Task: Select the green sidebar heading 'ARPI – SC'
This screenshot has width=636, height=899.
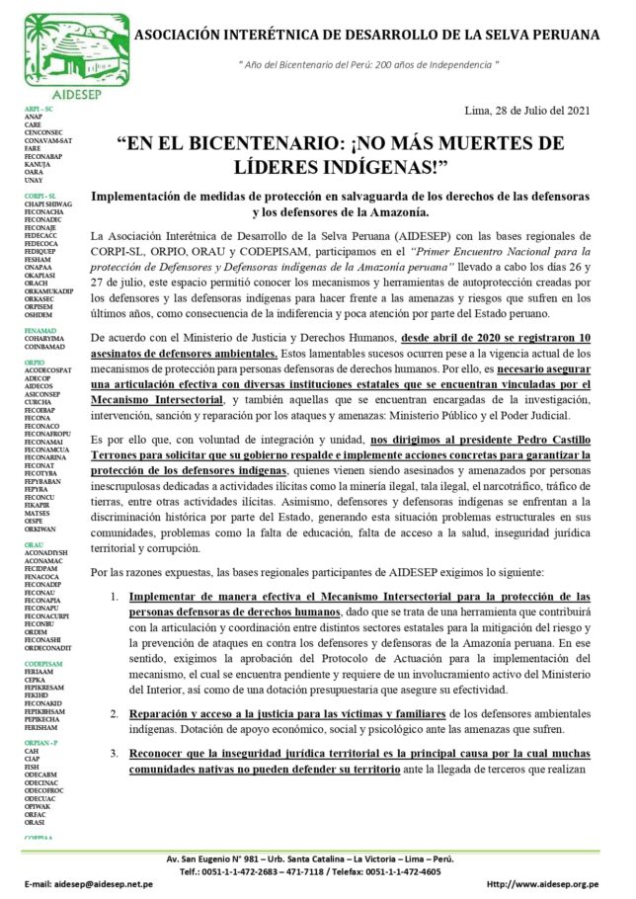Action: pyautogui.click(x=39, y=108)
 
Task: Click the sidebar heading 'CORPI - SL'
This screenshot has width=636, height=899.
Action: pyautogui.click(x=40, y=196)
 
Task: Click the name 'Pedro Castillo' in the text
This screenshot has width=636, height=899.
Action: pyautogui.click(x=543, y=439)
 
